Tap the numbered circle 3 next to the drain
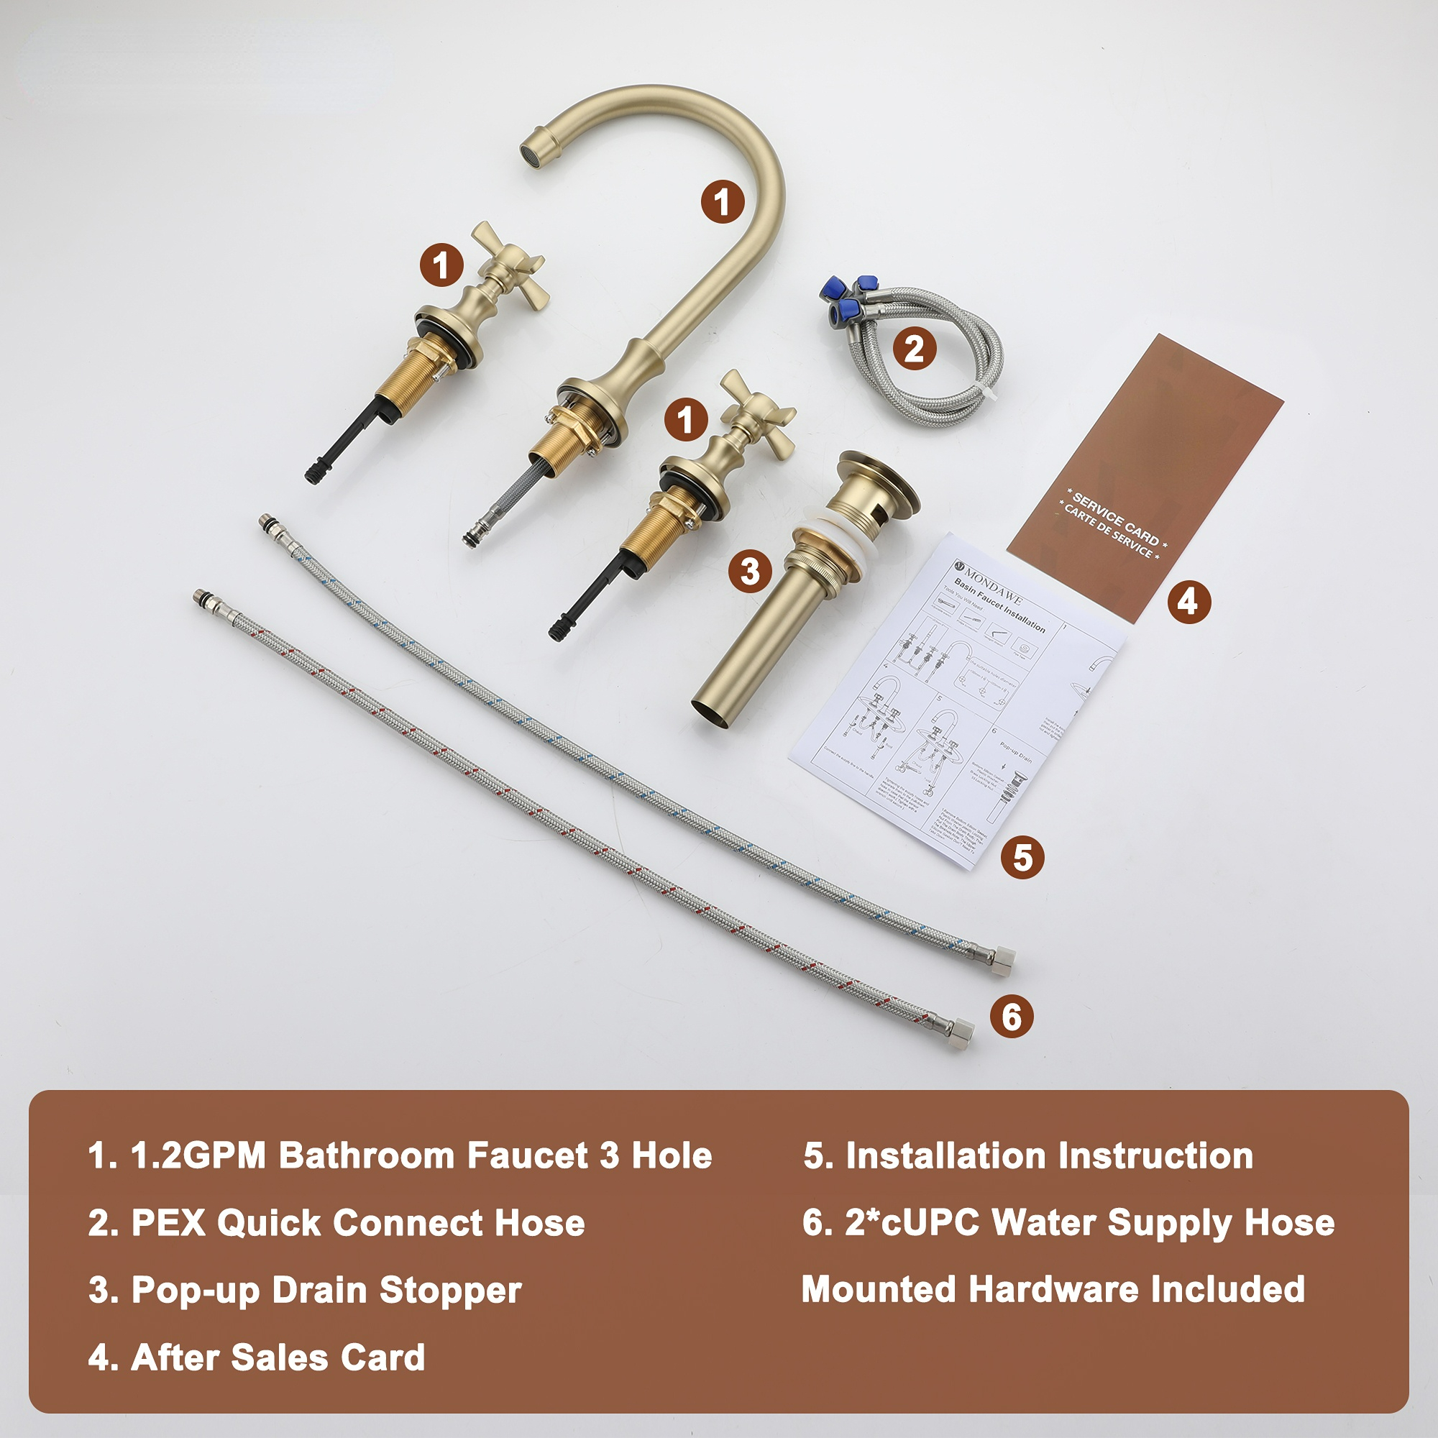[x=750, y=572]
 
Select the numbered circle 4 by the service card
[x=1189, y=601]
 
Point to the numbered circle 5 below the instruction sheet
[x=1022, y=858]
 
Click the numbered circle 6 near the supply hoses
[x=1012, y=1017]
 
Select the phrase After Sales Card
[x=278, y=1357]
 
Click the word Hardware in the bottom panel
[x=1053, y=1289]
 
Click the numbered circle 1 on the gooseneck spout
[x=722, y=202]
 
